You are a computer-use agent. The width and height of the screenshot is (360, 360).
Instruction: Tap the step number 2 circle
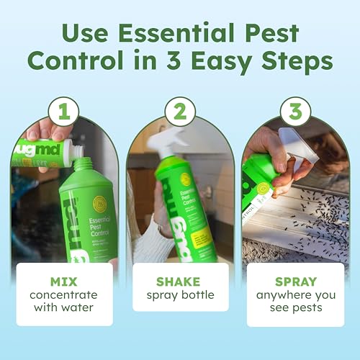180,113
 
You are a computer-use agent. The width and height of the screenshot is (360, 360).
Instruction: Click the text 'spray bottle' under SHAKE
180,295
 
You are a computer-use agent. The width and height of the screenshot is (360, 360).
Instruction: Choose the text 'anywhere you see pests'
296,303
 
